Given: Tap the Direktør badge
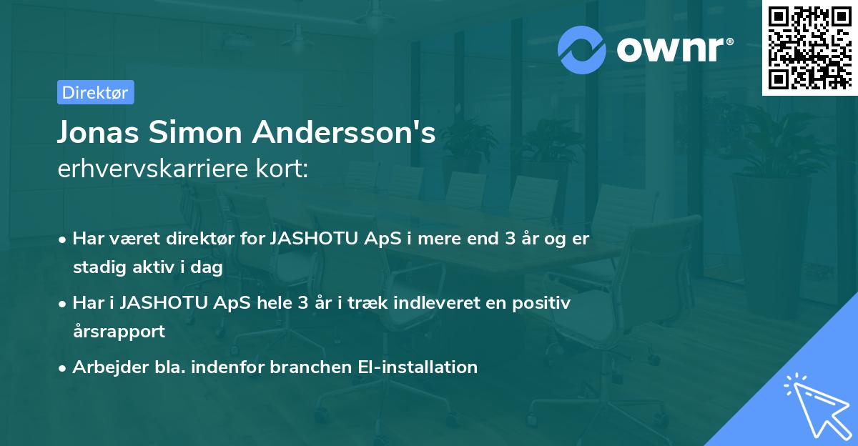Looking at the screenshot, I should pos(95,92).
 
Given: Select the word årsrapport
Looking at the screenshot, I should pos(119,332).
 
